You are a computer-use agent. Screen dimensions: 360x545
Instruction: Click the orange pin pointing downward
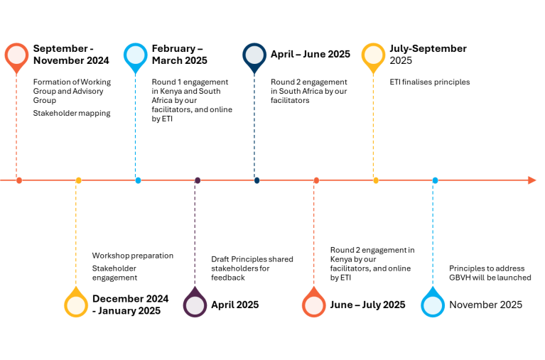click(x=16, y=56)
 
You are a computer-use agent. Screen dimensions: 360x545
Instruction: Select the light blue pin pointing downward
click(x=135, y=56)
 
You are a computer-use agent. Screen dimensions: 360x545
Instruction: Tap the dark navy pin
click(x=254, y=56)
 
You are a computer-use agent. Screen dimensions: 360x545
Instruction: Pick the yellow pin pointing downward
click(x=373, y=56)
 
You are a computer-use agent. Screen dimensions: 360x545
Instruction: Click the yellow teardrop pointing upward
click(x=76, y=304)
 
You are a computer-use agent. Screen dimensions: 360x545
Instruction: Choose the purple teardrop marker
click(x=195, y=304)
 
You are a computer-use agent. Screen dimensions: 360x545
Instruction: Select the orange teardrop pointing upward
click(x=313, y=304)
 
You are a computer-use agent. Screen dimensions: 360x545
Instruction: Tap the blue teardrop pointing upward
click(x=433, y=304)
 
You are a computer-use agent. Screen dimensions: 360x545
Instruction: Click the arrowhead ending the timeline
click(x=532, y=180)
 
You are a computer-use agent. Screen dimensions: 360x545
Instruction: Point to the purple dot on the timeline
click(x=198, y=180)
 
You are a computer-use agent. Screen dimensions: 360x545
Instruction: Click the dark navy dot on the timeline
click(x=257, y=180)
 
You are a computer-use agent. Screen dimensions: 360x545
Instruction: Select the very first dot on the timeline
click(x=19, y=180)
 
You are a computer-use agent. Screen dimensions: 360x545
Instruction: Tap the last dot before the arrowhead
click(x=435, y=180)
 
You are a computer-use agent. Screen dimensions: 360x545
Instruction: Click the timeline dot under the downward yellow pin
click(x=376, y=180)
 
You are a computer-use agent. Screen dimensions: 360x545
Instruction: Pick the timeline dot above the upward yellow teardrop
click(x=79, y=180)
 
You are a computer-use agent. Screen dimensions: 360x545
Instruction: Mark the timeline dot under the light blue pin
click(x=138, y=180)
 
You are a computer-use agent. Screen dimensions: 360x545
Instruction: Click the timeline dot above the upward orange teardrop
click(x=316, y=180)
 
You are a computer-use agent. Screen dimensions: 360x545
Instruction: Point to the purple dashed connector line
click(x=195, y=234)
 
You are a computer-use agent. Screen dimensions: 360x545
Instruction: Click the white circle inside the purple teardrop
click(x=195, y=305)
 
